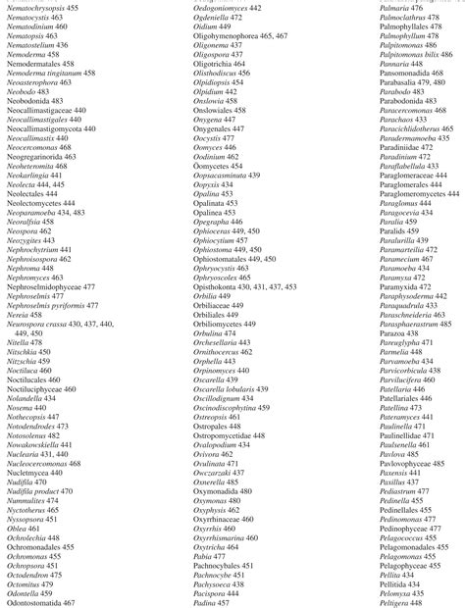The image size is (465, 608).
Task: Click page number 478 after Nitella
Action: pos(51,342)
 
